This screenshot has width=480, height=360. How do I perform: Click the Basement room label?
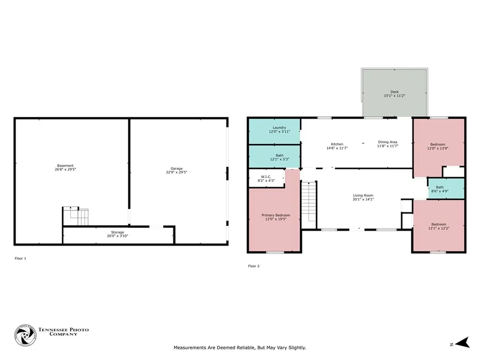tap(65, 165)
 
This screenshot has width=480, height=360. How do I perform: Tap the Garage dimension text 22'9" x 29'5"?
tap(177, 172)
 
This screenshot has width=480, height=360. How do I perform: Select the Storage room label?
tap(118, 232)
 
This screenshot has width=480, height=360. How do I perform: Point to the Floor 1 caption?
tap(21, 258)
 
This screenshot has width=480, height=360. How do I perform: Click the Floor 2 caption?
tap(254, 266)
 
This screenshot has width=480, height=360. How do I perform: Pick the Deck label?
tap(395, 92)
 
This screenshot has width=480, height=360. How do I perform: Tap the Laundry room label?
tap(279, 127)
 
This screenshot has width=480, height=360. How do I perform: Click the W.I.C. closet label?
tap(266, 177)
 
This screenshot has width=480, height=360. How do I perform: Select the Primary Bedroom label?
tap(276, 215)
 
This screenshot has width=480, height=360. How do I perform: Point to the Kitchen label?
tap(337, 144)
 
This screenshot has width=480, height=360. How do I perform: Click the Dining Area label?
tap(388, 142)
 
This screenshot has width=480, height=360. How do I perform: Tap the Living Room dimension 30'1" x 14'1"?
tap(363, 199)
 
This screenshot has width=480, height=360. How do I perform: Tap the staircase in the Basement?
tap(76, 217)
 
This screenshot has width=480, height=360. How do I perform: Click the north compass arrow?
tap(463, 343)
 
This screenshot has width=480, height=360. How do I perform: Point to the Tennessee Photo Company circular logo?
tap(25, 336)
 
